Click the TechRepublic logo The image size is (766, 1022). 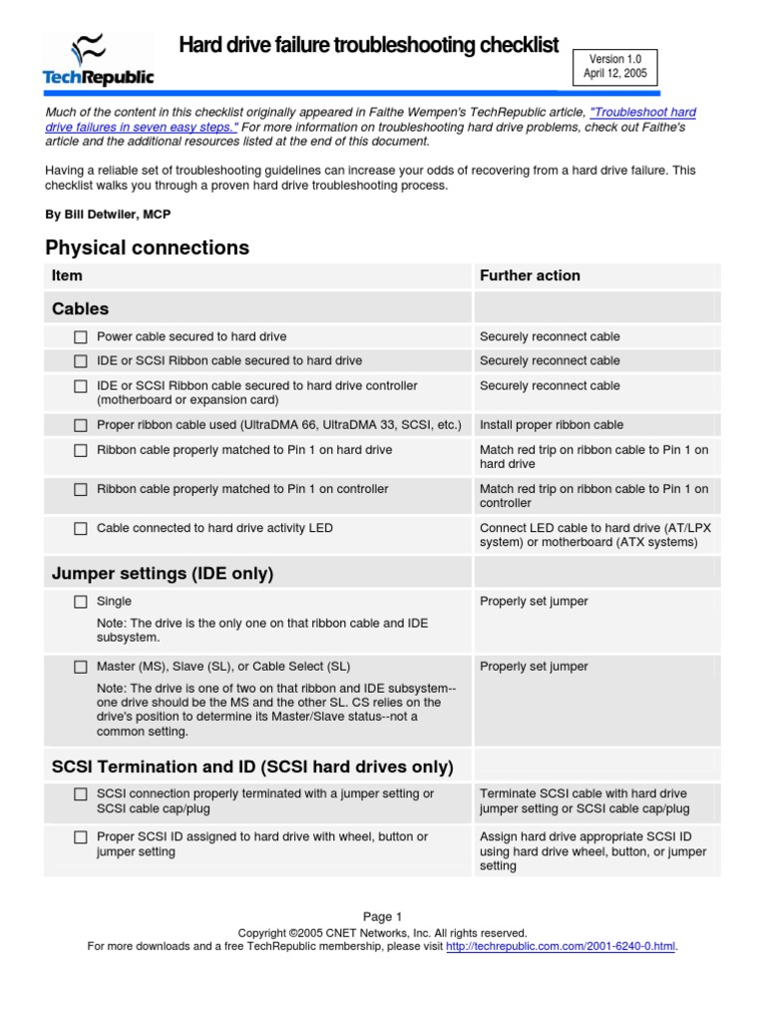[x=98, y=59]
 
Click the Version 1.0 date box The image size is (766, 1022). [x=615, y=67]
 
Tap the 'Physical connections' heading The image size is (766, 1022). [x=148, y=248]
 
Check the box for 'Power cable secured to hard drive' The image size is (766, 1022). [x=81, y=337]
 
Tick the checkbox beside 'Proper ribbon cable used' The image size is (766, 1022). [x=81, y=425]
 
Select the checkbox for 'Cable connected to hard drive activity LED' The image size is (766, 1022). [x=81, y=528]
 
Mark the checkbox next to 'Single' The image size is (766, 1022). [x=81, y=602]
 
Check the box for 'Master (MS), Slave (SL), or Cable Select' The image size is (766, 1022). [x=81, y=667]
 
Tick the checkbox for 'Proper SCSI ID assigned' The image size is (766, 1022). [x=81, y=837]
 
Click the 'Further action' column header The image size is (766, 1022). [x=530, y=275]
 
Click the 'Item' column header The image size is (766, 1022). [x=67, y=275]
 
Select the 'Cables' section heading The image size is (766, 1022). [x=81, y=309]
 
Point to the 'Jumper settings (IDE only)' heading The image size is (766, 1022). [x=163, y=574]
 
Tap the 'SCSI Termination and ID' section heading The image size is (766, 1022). [x=252, y=766]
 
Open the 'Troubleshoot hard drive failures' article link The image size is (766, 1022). [x=642, y=113]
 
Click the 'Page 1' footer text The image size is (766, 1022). [x=382, y=916]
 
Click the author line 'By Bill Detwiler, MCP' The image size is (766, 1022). [x=115, y=215]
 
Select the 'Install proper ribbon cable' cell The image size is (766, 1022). [x=552, y=425]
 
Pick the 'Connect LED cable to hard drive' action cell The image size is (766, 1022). [x=594, y=535]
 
